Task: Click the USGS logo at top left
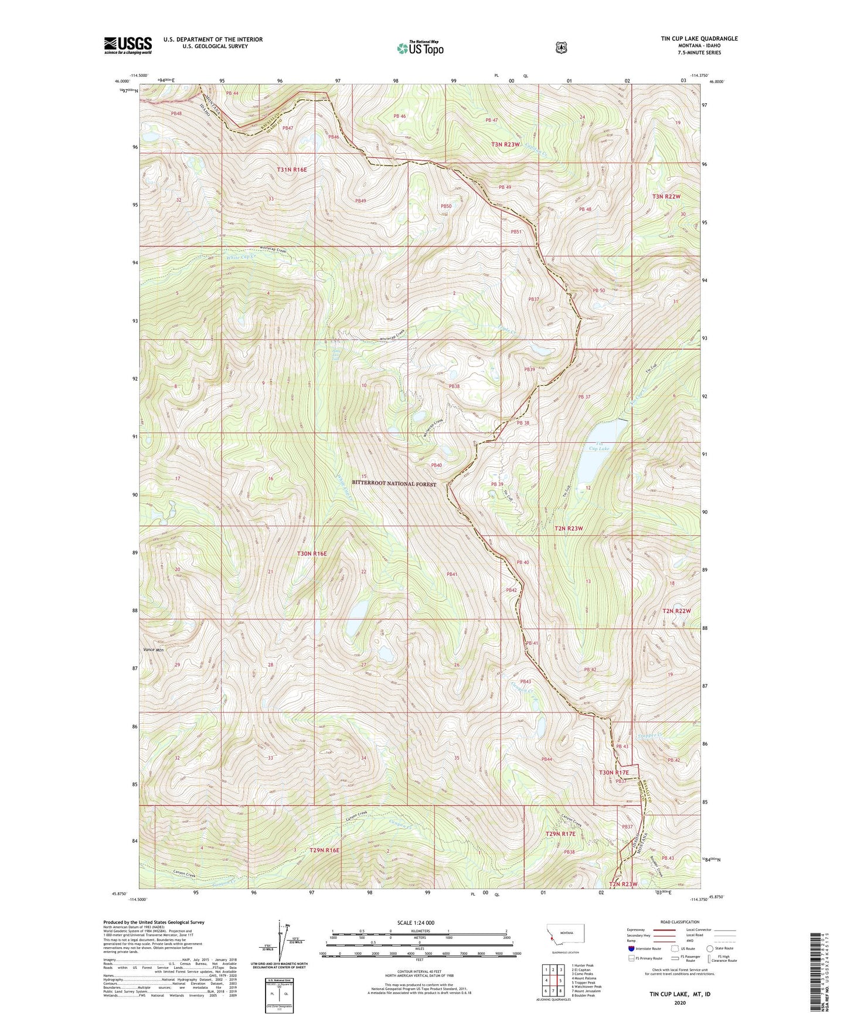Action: pyautogui.click(x=128, y=45)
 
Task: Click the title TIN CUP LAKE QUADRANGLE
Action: pyautogui.click(x=699, y=39)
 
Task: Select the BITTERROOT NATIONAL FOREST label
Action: pyautogui.click(x=394, y=483)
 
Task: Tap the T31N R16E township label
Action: pyautogui.click(x=291, y=169)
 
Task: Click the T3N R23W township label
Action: pyautogui.click(x=505, y=144)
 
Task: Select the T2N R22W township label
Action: pyautogui.click(x=676, y=611)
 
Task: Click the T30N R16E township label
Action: pyautogui.click(x=311, y=553)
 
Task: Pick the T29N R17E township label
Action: pyautogui.click(x=560, y=833)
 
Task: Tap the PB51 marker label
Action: pyautogui.click(x=516, y=232)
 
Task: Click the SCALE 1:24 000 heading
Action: pyautogui.click(x=416, y=923)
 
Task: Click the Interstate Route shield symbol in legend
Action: pyautogui.click(x=631, y=948)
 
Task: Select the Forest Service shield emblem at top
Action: pyautogui.click(x=561, y=47)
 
